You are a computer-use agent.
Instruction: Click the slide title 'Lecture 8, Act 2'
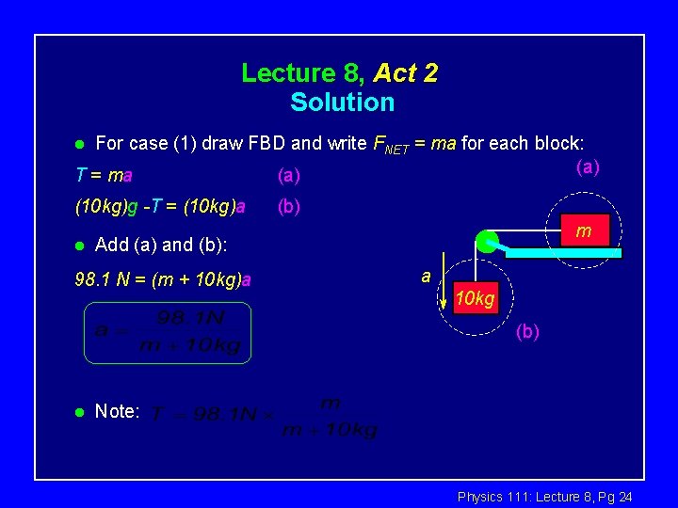339,72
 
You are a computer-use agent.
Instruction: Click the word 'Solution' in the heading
342,102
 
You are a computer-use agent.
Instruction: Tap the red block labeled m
584,230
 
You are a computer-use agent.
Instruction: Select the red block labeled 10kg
475,298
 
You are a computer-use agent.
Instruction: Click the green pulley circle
487,242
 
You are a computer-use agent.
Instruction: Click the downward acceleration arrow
442,288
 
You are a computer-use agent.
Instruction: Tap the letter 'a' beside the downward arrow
426,276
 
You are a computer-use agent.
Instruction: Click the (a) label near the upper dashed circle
587,167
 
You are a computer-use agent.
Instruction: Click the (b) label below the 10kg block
527,331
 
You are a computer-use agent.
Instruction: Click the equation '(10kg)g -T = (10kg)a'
159,206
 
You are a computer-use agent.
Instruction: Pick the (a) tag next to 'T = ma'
288,175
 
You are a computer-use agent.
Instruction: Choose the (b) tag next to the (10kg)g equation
288,206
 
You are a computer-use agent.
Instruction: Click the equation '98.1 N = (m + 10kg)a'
162,278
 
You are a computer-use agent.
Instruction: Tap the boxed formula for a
168,332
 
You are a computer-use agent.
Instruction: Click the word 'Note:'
118,411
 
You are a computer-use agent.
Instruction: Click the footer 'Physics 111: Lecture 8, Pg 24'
544,496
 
